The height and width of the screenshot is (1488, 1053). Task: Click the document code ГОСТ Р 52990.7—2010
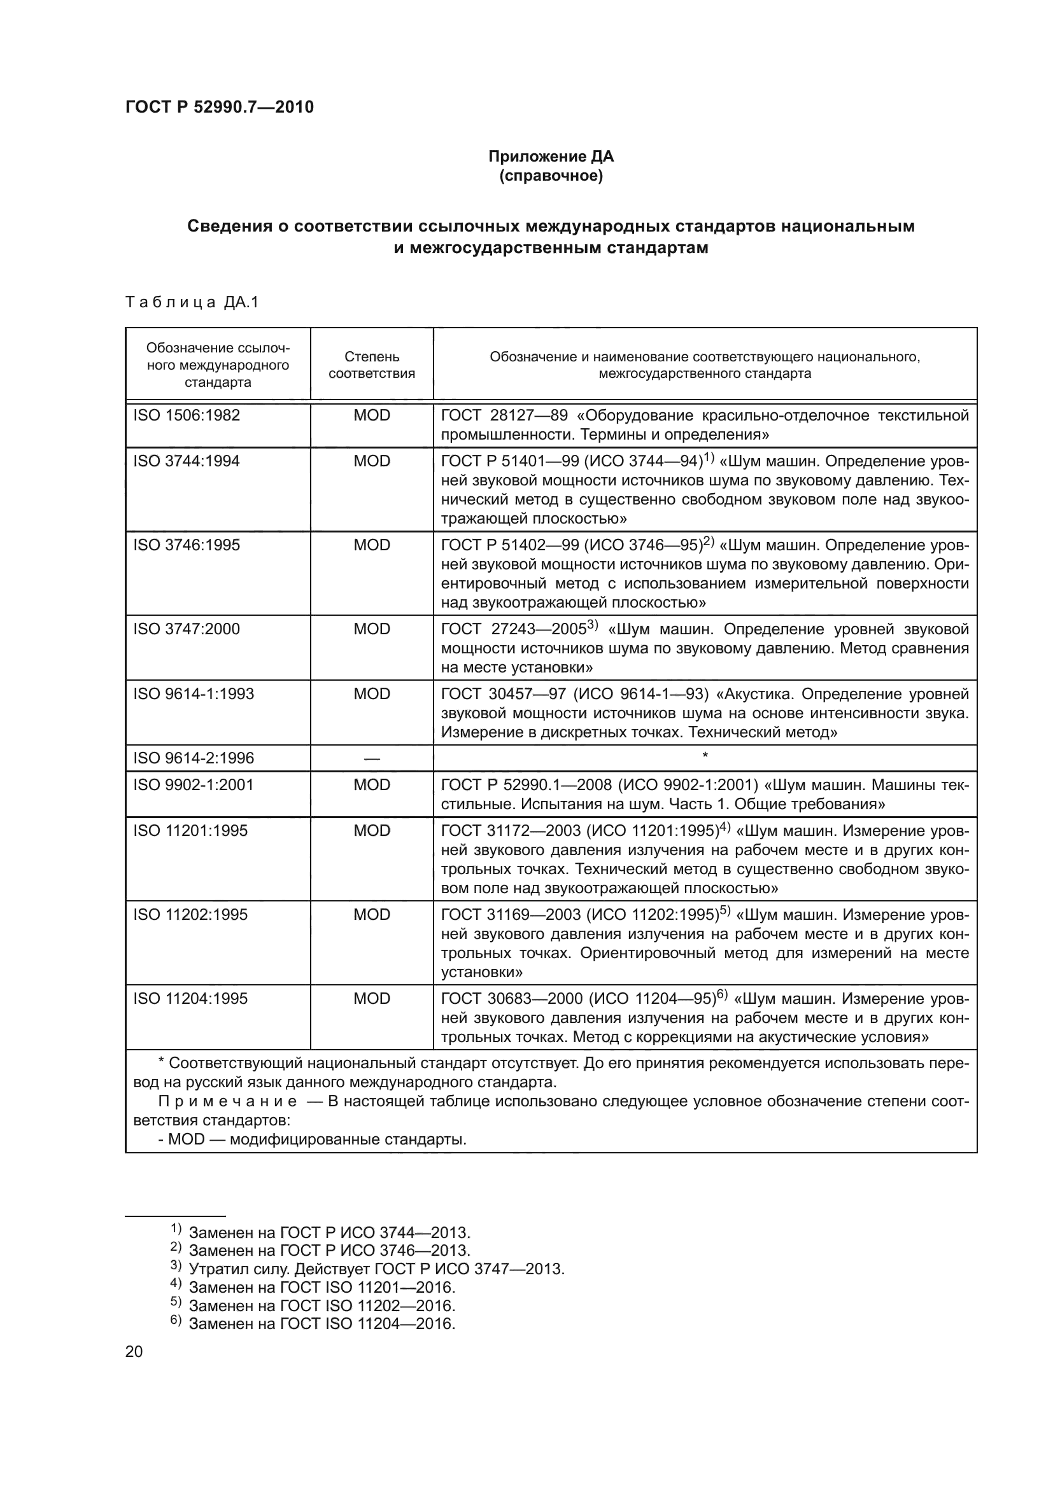[219, 107]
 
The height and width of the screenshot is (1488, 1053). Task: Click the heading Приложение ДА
[551, 156]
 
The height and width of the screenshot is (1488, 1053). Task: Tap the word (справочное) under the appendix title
[551, 176]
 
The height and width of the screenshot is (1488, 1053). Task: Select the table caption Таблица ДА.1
[192, 302]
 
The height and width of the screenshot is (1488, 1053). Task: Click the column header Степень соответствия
[372, 365]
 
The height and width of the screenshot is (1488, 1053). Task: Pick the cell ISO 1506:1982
[187, 415]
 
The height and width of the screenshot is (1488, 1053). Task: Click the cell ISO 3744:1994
[187, 461]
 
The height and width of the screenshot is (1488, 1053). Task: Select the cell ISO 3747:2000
[187, 629]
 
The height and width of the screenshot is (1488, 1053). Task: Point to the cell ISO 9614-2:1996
[194, 758]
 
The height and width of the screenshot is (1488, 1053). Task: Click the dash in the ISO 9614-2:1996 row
[372, 758]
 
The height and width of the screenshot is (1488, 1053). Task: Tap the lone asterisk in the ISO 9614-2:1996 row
[705, 756]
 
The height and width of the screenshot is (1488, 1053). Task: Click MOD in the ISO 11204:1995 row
[372, 998]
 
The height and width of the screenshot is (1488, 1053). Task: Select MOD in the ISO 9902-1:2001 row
[372, 784]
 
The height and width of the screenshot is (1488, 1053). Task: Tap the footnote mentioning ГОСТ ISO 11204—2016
[322, 1323]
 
